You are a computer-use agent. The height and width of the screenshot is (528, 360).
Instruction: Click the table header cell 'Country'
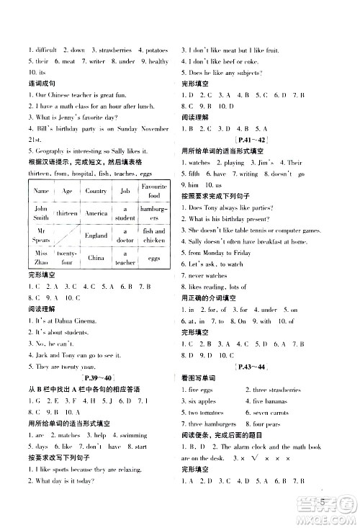pyautogui.click(x=96, y=191)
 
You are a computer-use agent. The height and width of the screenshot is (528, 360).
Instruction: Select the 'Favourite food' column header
pyautogui.click(x=155, y=191)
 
